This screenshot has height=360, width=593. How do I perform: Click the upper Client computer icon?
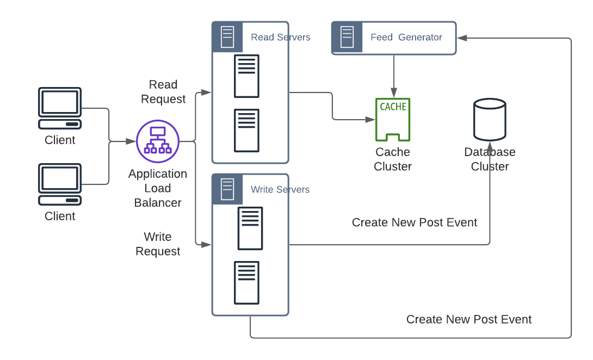point(60,108)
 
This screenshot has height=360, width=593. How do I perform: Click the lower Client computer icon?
point(60,184)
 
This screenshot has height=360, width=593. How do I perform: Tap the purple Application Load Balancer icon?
point(157,141)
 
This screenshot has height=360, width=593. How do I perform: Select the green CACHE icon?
point(393,120)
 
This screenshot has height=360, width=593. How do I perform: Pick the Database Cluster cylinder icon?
point(490,119)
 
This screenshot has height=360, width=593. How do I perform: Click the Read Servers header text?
point(280,38)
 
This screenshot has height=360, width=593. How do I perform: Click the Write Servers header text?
point(280,190)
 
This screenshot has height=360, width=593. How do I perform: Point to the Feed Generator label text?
point(406,38)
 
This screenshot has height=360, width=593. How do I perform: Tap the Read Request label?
point(163,92)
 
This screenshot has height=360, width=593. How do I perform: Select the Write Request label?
point(158,244)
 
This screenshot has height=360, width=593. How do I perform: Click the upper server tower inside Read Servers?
point(246,76)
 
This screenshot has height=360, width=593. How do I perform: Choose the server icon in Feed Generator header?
point(347,38)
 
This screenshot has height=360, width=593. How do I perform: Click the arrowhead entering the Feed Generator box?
point(462,38)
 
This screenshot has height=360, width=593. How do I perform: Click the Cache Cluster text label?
point(393,159)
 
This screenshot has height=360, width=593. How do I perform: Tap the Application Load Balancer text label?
point(158,188)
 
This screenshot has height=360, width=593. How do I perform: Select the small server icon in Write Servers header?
point(227,190)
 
